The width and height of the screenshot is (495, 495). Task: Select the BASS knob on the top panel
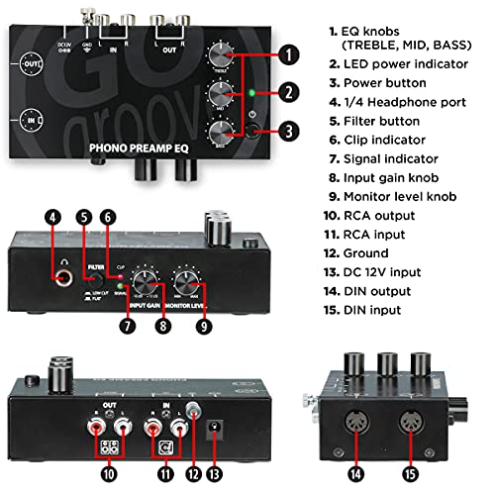pyautogui.click(x=222, y=128)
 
